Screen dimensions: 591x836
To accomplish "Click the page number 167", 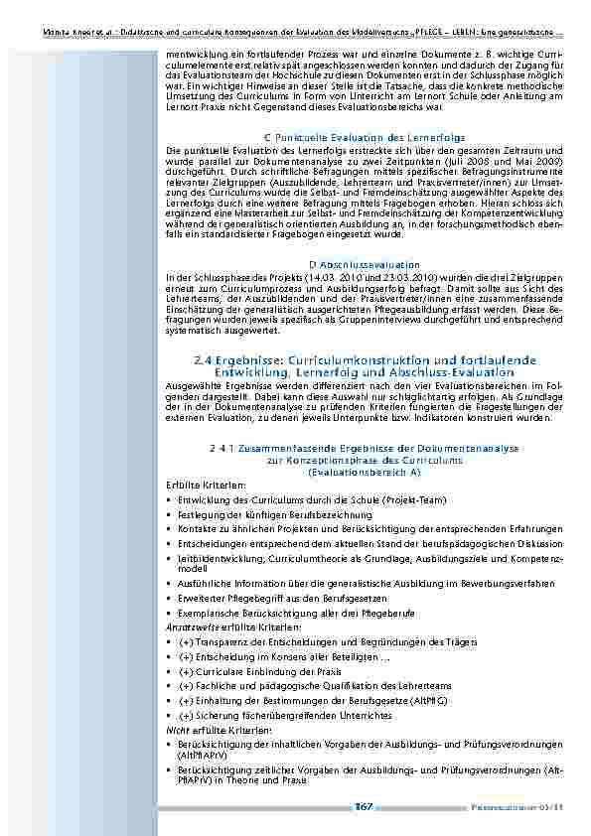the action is (x=364, y=807).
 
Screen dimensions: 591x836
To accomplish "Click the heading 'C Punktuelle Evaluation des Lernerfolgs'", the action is (x=364, y=135).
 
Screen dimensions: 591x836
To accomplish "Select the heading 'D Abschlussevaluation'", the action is (x=365, y=265).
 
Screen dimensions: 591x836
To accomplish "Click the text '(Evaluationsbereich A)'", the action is (x=365, y=472).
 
